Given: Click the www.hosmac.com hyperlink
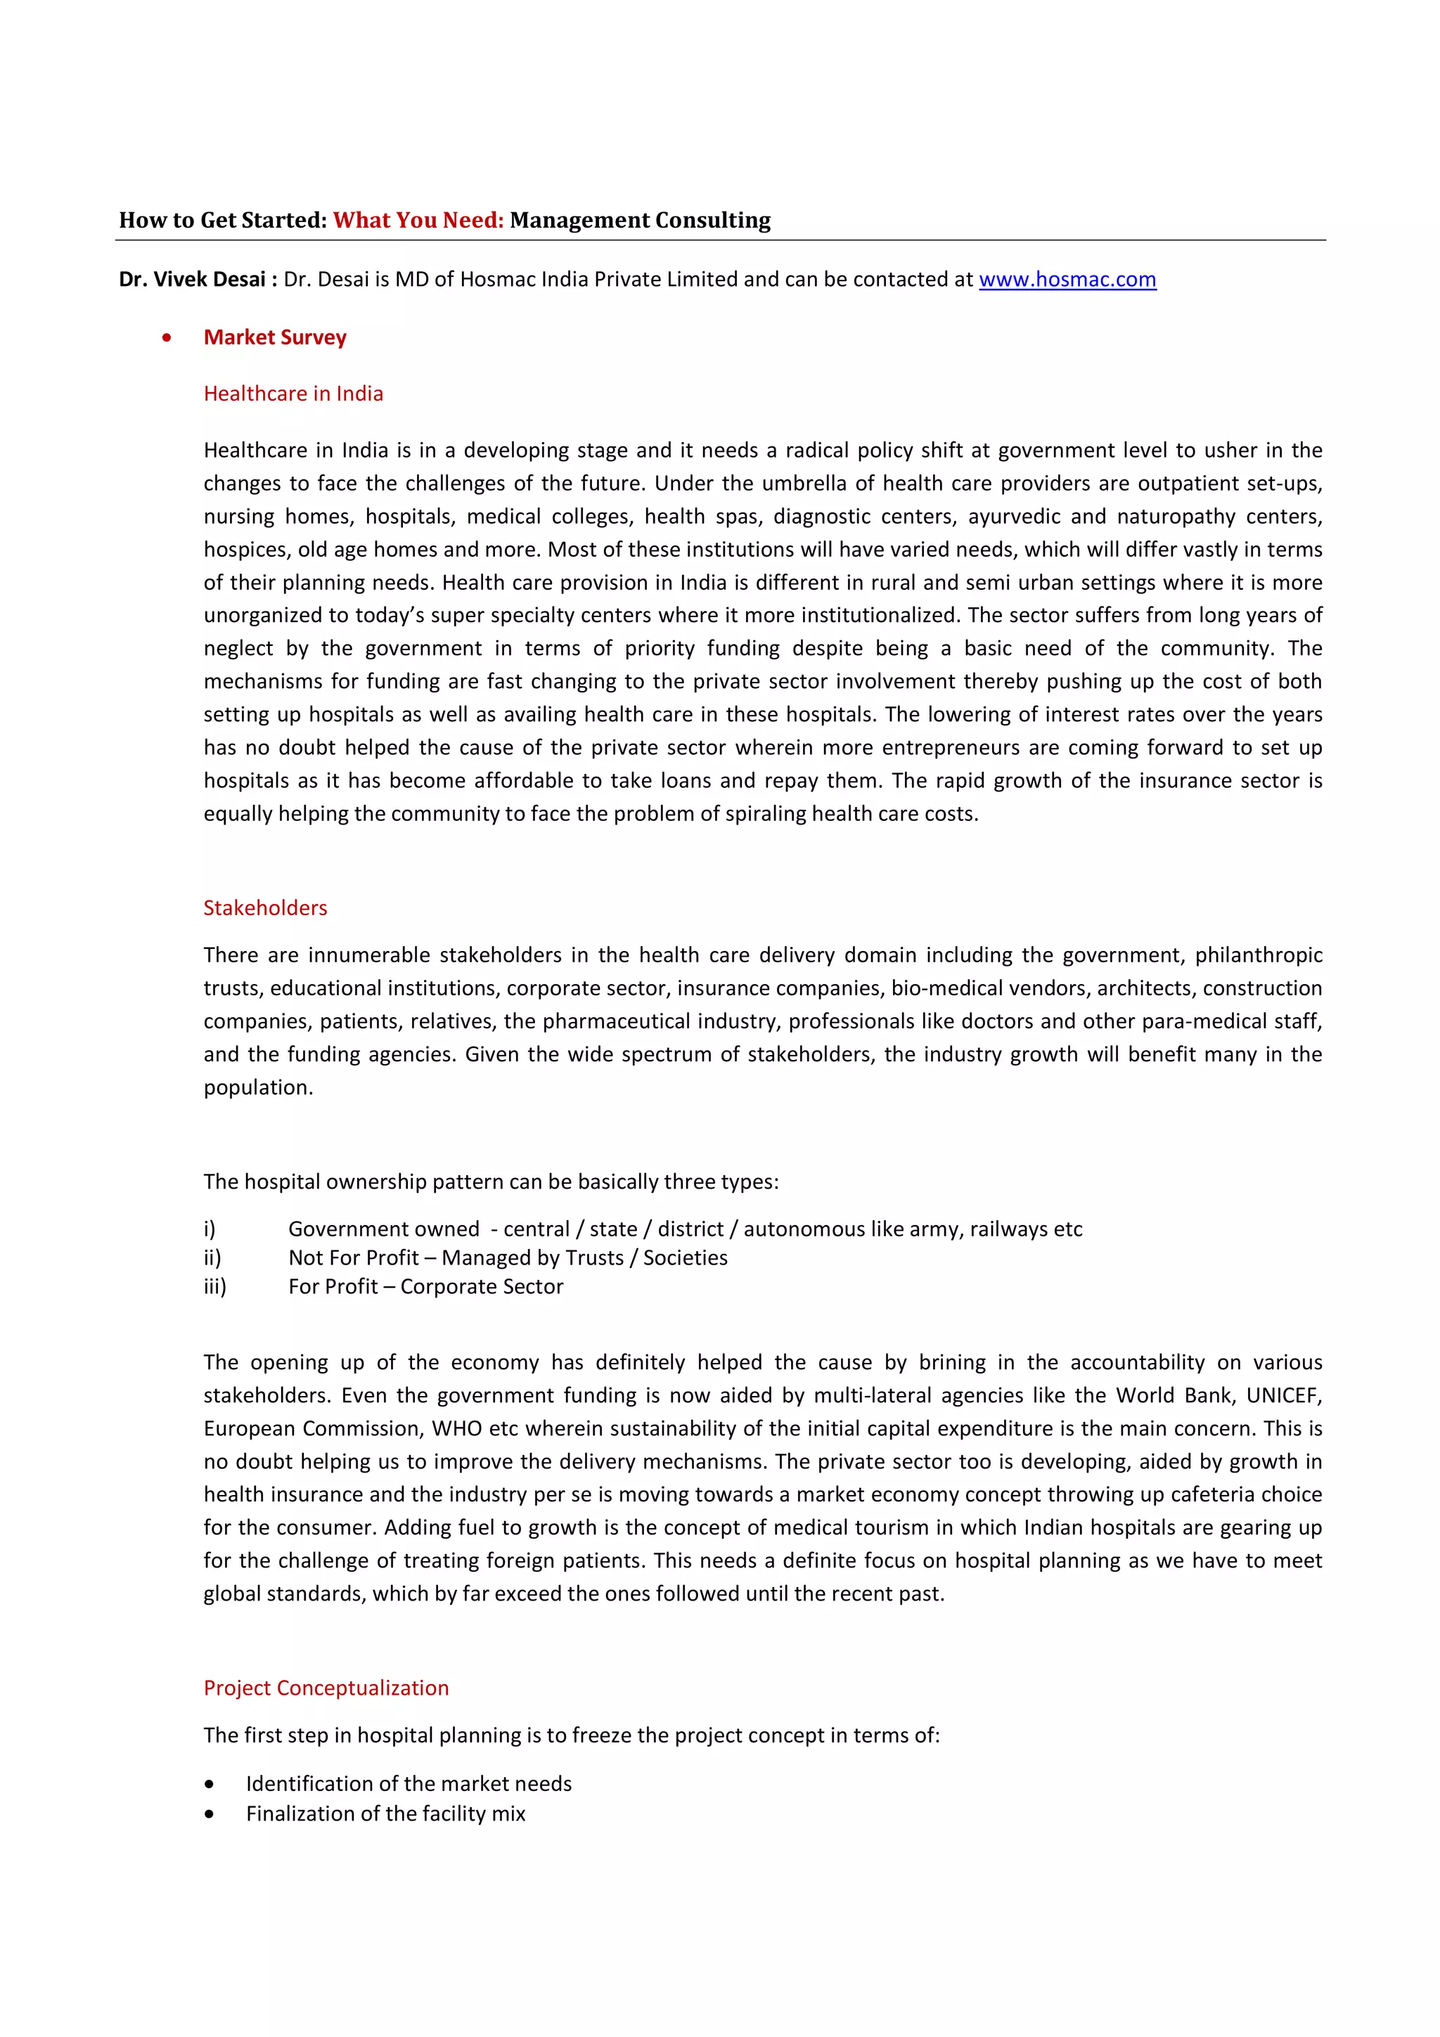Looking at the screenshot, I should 1067,280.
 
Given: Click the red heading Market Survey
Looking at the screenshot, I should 275,337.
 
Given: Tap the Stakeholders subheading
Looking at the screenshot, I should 265,907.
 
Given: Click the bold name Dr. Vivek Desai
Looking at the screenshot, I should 193,280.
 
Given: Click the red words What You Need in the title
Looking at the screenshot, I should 418,220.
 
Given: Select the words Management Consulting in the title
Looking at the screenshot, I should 640,220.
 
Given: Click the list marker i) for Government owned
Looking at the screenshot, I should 210,1229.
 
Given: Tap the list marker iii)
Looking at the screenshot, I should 214,1286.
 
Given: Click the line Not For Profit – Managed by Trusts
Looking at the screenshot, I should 508,1257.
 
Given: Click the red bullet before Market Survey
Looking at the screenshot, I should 166,337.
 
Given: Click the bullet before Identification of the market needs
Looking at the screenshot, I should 209,1783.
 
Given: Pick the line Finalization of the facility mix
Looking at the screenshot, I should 385,1813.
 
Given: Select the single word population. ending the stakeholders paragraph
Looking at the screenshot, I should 258,1087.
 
